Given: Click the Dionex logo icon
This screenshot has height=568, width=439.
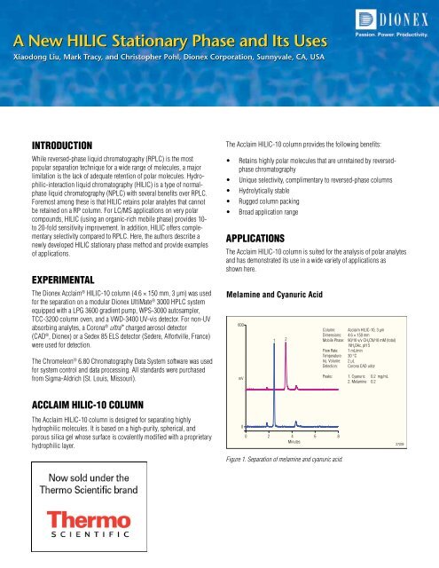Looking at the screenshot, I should (x=365, y=17).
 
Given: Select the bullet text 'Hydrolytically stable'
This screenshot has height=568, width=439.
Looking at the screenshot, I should (x=273, y=190).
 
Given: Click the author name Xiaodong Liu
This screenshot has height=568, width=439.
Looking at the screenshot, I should (x=38, y=57).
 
